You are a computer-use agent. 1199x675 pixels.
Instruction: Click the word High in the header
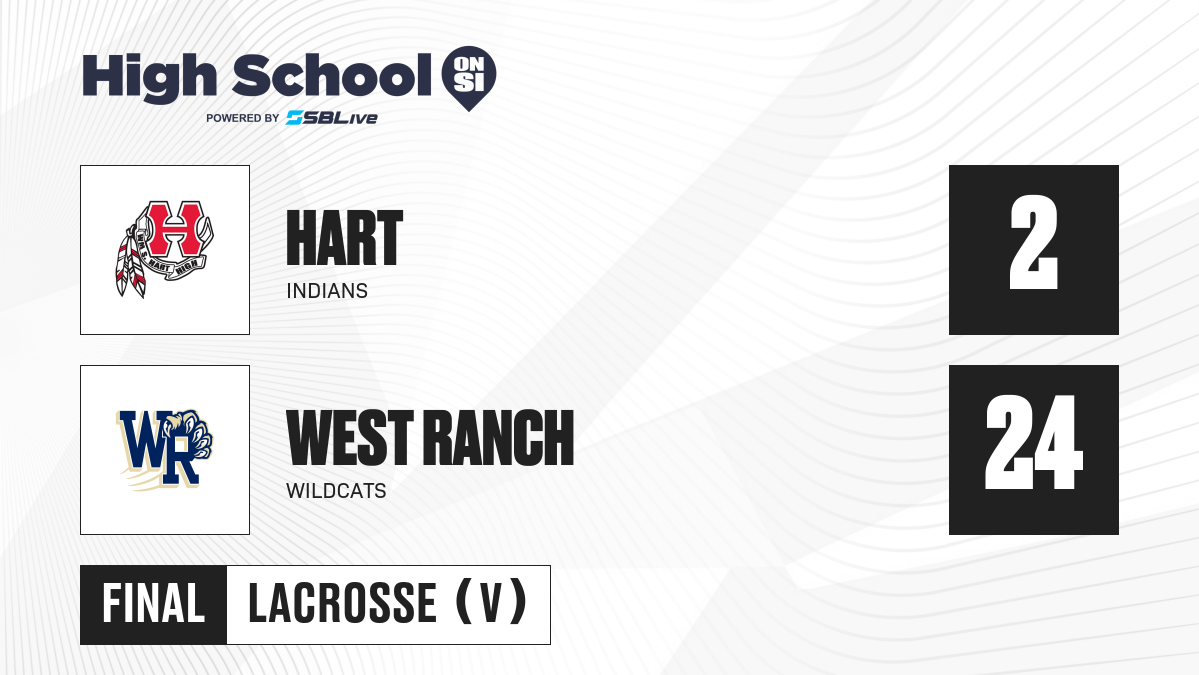point(149,78)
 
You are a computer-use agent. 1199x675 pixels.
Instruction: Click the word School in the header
point(332,75)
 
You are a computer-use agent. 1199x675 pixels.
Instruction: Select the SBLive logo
point(332,118)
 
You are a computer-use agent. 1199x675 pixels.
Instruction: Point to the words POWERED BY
point(243,118)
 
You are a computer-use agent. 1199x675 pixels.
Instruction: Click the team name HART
point(344,238)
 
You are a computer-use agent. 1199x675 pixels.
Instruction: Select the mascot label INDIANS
point(327,291)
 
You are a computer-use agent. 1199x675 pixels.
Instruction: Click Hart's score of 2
point(1033,242)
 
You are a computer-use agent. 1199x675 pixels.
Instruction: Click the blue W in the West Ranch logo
point(145,438)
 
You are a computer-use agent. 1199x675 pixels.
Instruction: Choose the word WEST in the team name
point(350,437)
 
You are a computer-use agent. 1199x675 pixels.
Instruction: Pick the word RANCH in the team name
point(500,437)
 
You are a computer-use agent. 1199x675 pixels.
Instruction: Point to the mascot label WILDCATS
point(336,491)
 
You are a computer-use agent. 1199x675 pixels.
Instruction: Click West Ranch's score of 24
point(1033,442)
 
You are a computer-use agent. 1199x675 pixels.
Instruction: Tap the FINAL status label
point(154,604)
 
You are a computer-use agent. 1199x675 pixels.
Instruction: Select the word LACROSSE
point(342,604)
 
